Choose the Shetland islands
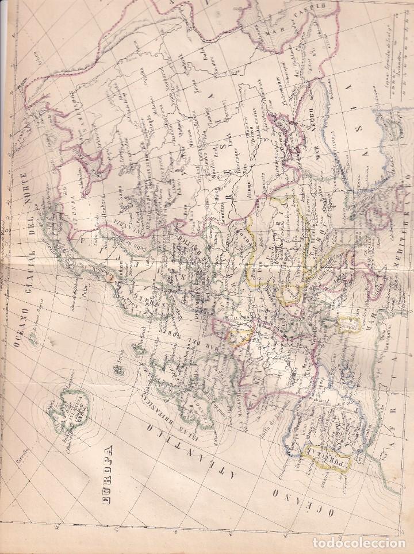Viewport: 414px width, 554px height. point(138,348)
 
